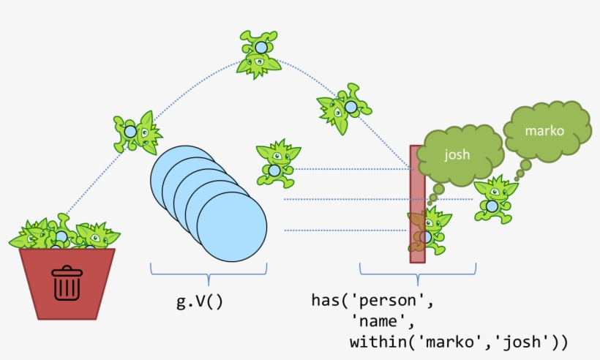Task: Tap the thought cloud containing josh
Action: [x=457, y=155]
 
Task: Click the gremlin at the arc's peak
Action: [x=260, y=53]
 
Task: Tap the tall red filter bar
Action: [x=416, y=176]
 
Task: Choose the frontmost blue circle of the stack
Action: [x=231, y=227]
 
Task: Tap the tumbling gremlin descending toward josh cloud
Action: [x=344, y=108]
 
